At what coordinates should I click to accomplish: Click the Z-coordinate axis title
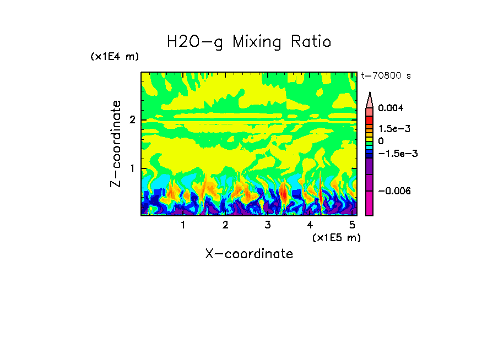pos(116,144)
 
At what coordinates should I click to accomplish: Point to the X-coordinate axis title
pos(249,254)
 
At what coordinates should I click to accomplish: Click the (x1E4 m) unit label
pos(115,57)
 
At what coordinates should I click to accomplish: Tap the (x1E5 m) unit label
pos(336,237)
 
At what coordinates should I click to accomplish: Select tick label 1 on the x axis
pos(183,225)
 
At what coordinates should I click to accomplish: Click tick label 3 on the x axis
pos(267,225)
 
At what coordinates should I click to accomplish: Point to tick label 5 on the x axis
pos(352,225)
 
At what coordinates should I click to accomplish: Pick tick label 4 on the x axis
pos(310,225)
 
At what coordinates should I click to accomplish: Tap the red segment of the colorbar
pos(370,120)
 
